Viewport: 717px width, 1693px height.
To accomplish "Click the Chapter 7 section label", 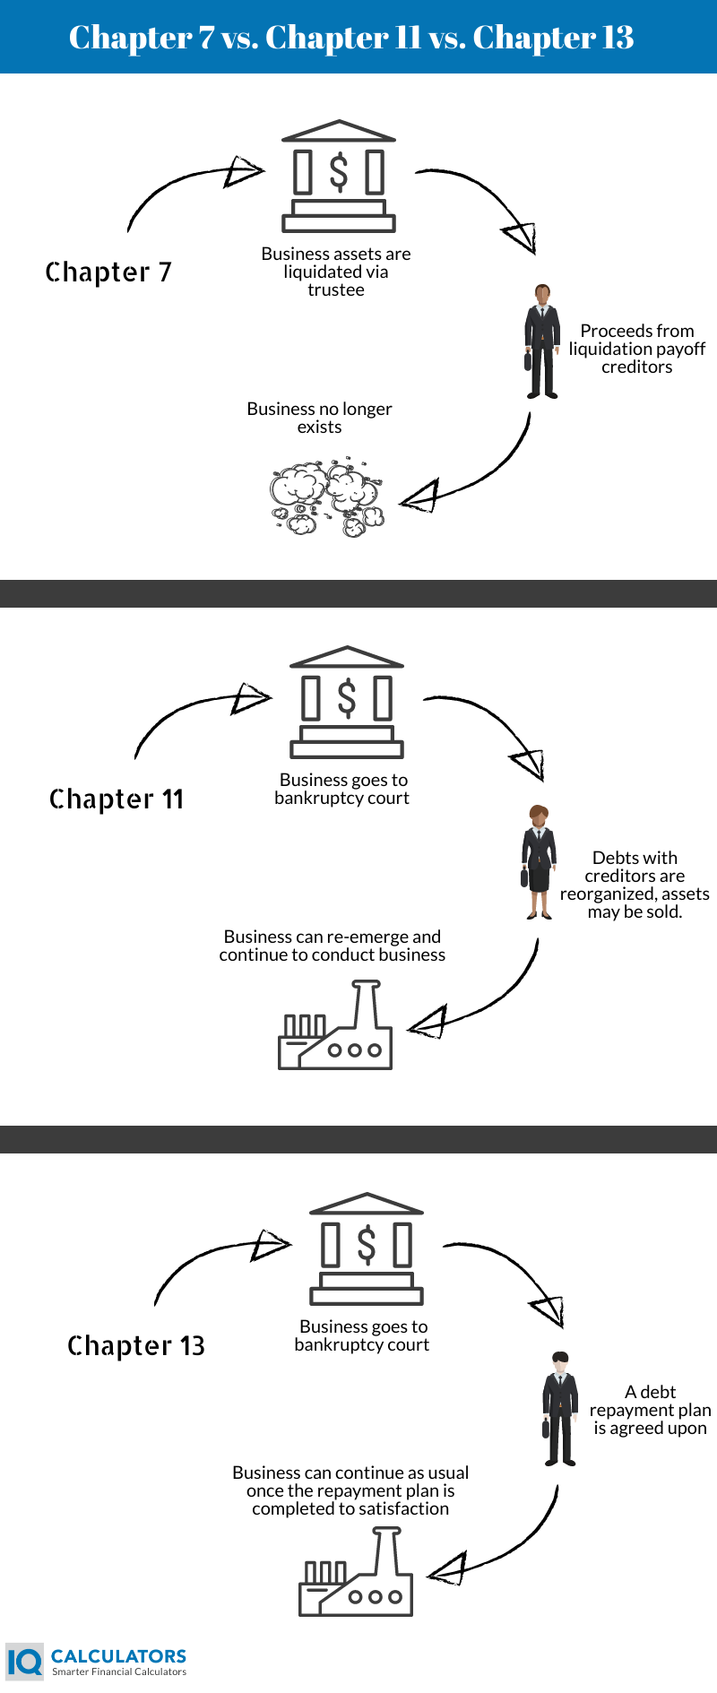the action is tap(108, 272).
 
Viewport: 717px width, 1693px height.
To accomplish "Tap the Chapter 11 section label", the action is tap(117, 799).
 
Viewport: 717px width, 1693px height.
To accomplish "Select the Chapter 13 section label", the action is tap(136, 1345).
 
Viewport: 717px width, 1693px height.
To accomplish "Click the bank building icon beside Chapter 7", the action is tap(339, 176).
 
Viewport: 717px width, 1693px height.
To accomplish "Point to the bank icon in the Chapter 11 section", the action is tap(347, 702).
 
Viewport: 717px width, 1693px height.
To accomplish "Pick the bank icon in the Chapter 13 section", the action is tap(367, 1248).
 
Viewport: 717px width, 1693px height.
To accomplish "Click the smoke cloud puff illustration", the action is tap(327, 497).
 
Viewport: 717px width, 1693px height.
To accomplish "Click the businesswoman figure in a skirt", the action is tap(539, 862).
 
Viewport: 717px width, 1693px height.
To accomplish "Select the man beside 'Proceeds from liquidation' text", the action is tap(542, 341).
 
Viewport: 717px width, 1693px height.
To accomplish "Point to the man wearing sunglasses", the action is tap(560, 1408).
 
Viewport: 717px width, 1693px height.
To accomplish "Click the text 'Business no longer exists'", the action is tap(320, 418).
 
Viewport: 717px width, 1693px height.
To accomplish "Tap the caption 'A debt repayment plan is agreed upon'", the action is tap(651, 1410).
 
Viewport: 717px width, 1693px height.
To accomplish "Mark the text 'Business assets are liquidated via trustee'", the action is tap(336, 272).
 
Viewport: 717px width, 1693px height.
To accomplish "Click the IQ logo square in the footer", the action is tap(24, 1662).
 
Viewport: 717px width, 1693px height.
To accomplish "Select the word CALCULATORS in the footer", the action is tap(118, 1656).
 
